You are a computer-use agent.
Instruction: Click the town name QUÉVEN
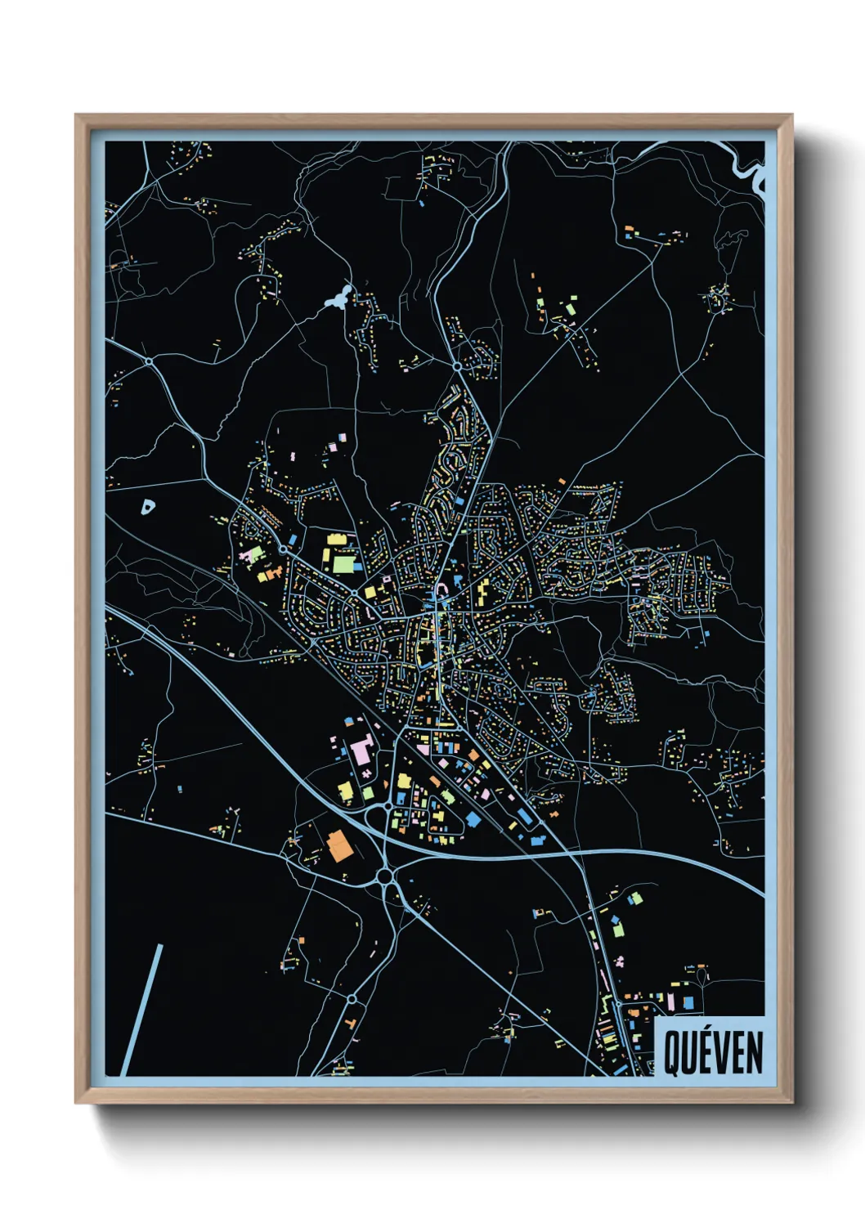(713, 1052)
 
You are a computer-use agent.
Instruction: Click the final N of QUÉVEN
(755, 1053)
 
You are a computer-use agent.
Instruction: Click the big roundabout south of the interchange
(384, 878)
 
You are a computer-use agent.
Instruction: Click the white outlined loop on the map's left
(147, 507)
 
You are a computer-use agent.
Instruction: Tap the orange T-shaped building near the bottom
(351, 1023)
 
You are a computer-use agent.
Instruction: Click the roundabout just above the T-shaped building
(352, 998)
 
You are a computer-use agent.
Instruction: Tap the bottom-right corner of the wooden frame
(791, 1101)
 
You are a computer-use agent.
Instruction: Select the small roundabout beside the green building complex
(283, 549)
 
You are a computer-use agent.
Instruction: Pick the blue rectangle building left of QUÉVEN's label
(634, 1013)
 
